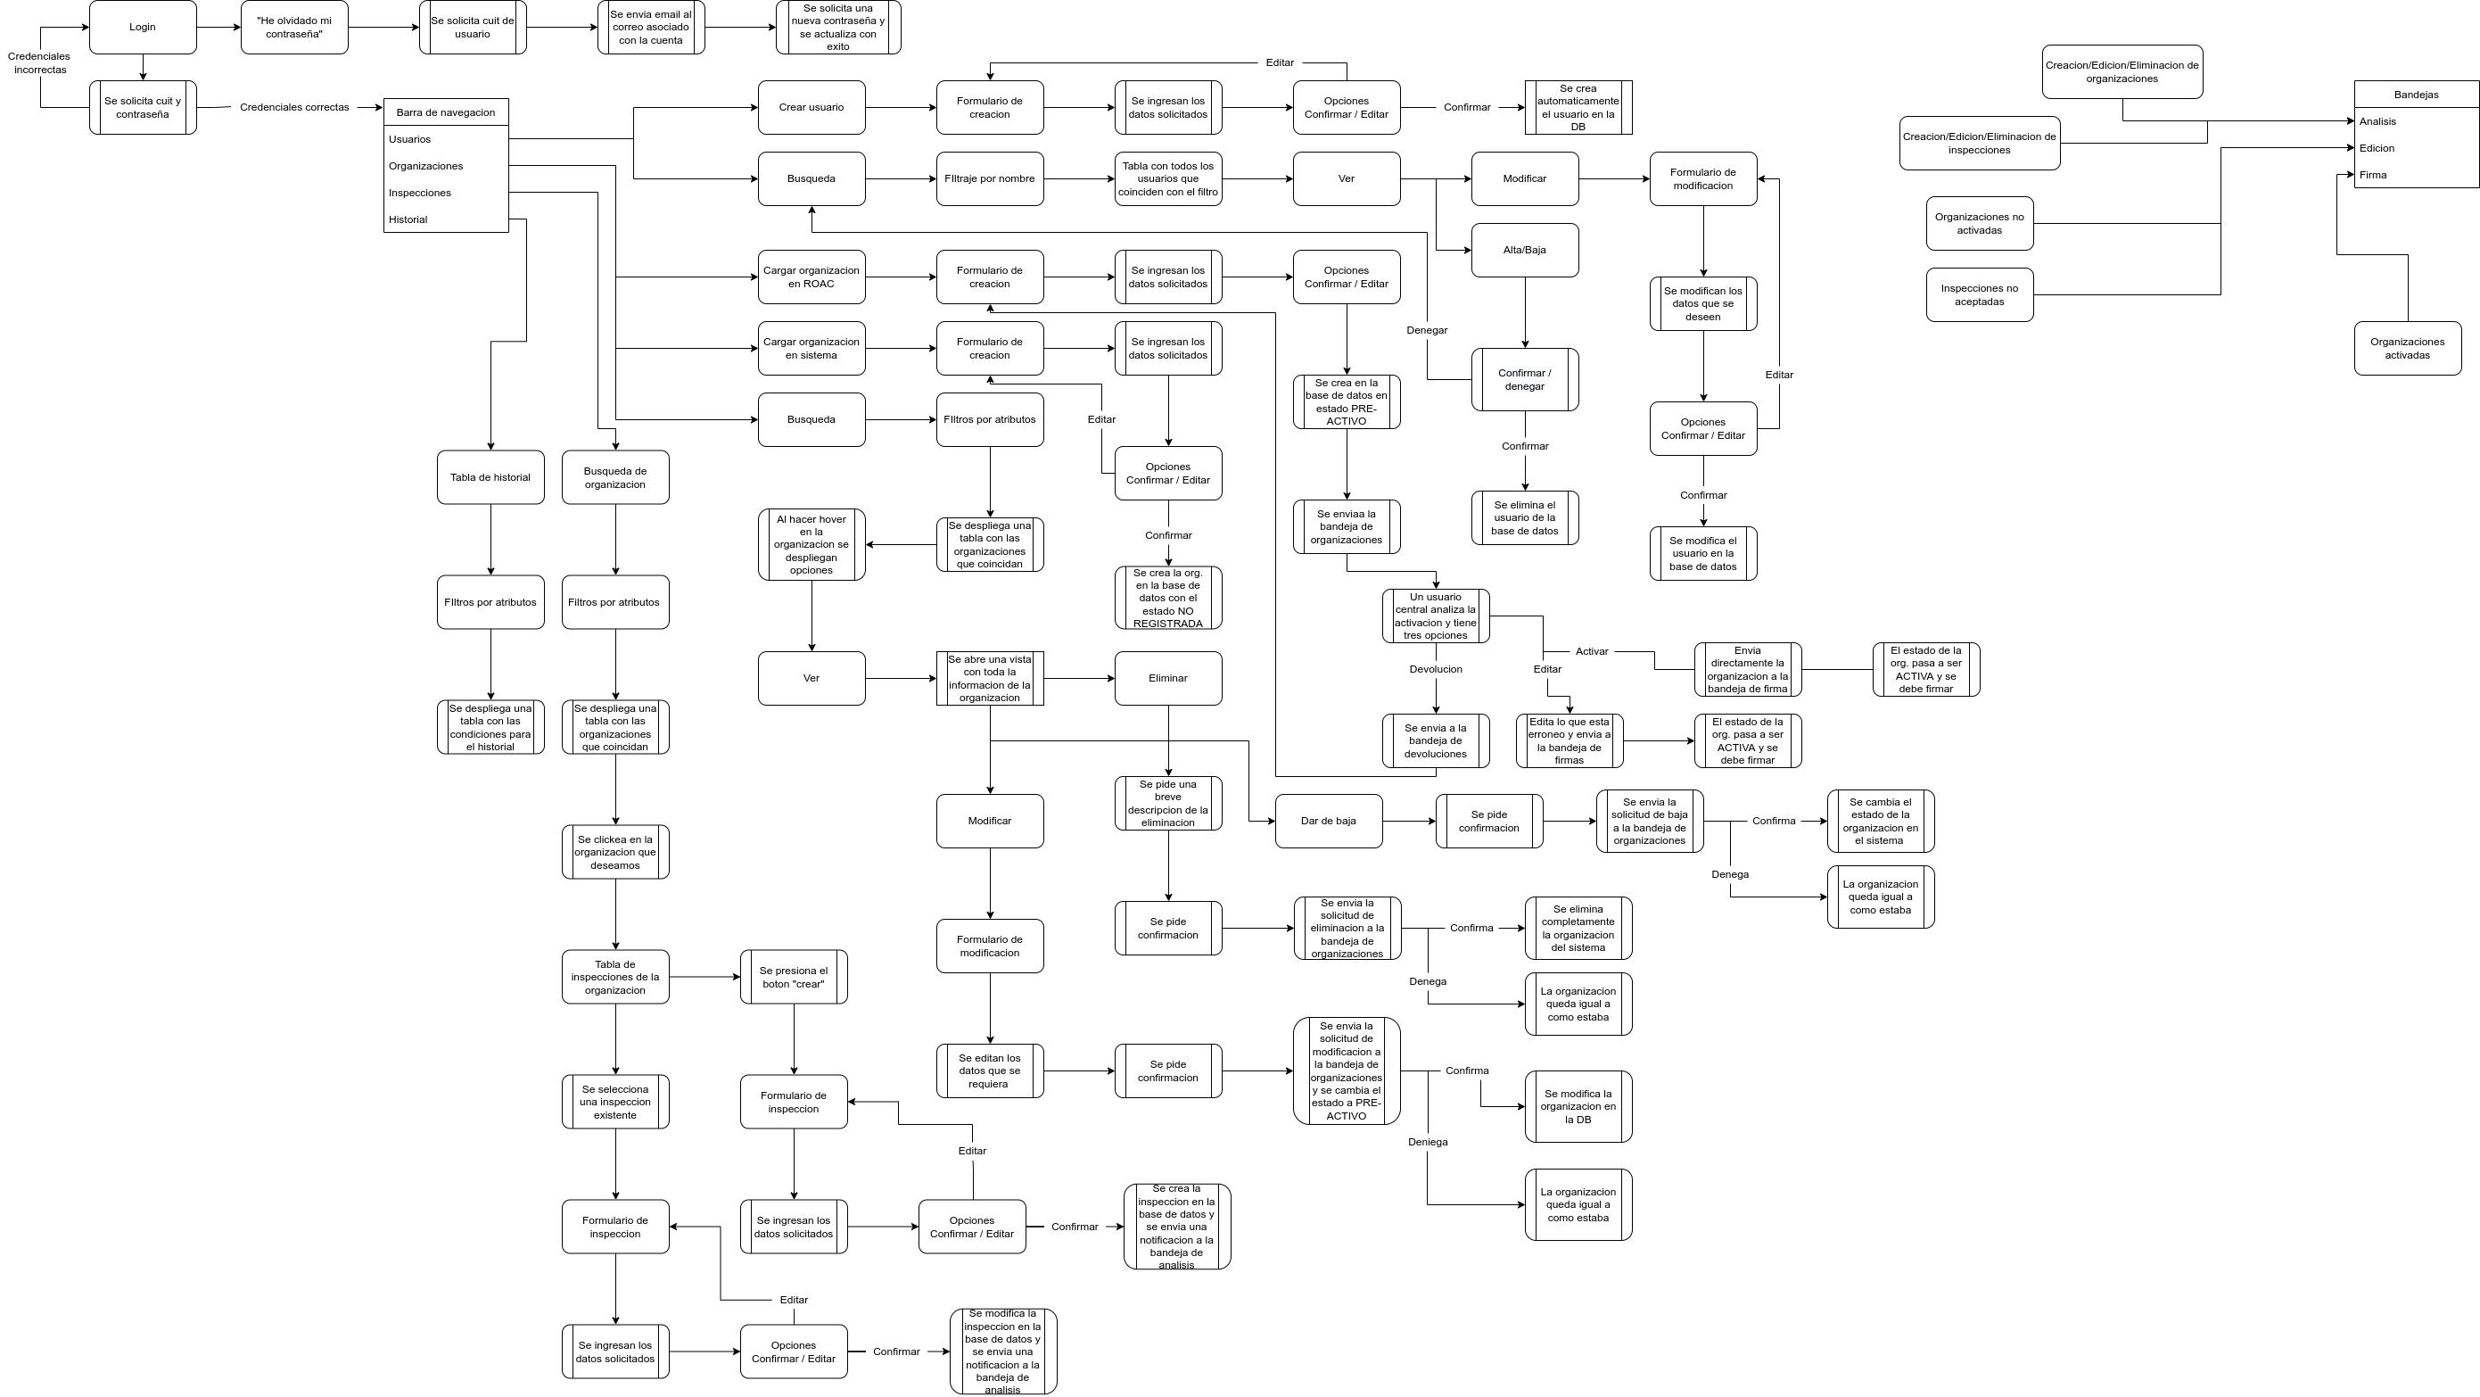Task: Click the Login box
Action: [x=143, y=27]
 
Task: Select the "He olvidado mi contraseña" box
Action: [x=293, y=28]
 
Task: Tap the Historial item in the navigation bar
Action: [x=408, y=219]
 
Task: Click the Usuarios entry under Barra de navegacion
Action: [x=410, y=139]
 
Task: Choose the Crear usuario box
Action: [x=811, y=107]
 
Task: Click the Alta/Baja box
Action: [x=1524, y=251]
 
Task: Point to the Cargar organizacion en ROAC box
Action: [x=811, y=277]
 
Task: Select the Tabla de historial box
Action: [x=490, y=477]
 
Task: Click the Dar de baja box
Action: [x=1328, y=822]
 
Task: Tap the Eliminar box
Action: [x=1168, y=679]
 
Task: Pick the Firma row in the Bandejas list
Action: [x=2373, y=175]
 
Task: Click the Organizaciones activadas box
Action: [x=2407, y=349]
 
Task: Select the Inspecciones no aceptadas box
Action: [x=1979, y=294]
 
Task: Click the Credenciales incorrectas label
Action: [x=39, y=63]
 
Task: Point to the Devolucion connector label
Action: [x=1436, y=669]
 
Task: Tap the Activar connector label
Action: [x=1592, y=652]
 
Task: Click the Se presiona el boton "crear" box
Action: [x=794, y=977]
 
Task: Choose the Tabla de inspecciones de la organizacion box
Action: [x=615, y=977]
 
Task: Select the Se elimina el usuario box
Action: [x=1524, y=518]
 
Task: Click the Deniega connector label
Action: [x=1427, y=1142]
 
